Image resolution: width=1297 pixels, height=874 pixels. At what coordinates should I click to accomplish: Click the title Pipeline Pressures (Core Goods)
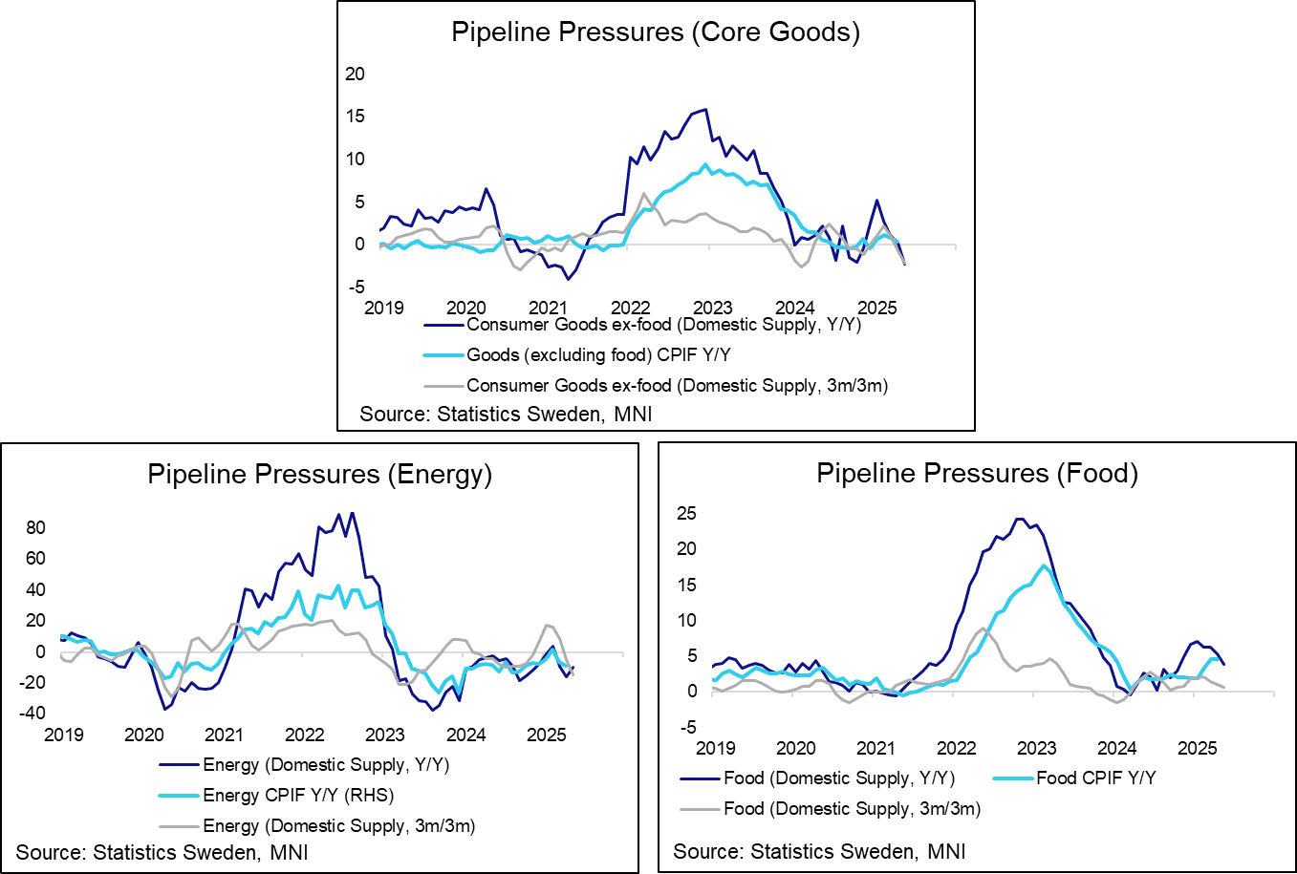[655, 32]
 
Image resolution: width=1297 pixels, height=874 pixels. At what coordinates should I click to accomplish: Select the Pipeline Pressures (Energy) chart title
[319, 474]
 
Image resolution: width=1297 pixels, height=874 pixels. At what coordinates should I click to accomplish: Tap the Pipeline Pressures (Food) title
[977, 473]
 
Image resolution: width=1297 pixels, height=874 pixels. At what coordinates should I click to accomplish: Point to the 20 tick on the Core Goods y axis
[355, 74]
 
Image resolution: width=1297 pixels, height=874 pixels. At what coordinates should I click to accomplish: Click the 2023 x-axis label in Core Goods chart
[712, 308]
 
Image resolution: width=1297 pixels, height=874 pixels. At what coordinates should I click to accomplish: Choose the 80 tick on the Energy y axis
[36, 527]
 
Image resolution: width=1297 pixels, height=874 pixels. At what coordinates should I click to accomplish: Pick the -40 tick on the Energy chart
[32, 713]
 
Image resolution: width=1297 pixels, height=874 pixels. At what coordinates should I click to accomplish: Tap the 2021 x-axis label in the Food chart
[875, 748]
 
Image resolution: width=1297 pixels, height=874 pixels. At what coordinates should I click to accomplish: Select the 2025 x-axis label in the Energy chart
[547, 735]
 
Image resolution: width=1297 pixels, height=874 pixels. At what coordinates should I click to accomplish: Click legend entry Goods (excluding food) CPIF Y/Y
[598, 355]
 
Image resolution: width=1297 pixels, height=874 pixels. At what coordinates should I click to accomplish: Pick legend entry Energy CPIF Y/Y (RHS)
[298, 795]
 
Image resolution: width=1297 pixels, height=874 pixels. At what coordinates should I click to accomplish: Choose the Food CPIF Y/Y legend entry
[1096, 778]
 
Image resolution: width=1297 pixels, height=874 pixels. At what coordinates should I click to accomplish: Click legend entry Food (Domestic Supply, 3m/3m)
[852, 808]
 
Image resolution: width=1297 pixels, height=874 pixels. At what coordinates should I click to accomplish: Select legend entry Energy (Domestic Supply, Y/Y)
[326, 764]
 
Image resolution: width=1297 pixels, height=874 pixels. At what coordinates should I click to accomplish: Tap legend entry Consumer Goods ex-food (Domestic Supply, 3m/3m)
[677, 386]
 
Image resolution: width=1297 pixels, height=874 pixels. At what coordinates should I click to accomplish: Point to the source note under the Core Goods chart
[506, 414]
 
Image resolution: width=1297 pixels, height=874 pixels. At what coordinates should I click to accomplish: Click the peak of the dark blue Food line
[1019, 519]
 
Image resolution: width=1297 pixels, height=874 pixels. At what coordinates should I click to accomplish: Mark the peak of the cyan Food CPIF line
[1045, 565]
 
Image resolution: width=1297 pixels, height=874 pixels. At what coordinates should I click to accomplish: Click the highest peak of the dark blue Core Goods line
[705, 109]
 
